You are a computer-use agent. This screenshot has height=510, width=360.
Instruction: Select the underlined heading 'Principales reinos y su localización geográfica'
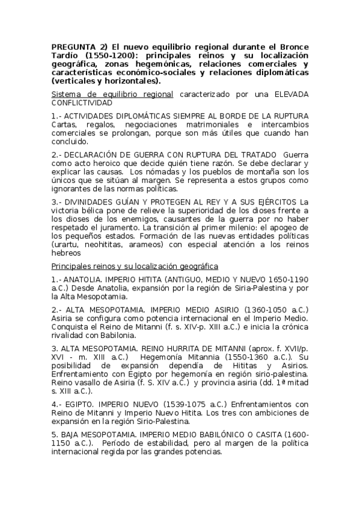(135, 266)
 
